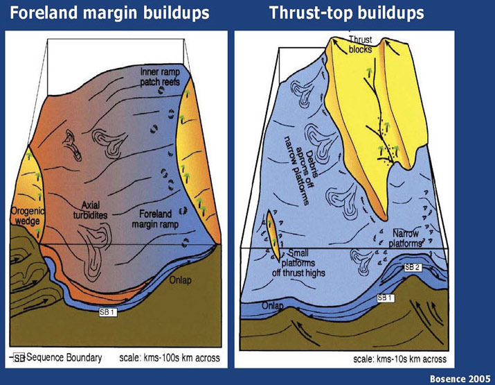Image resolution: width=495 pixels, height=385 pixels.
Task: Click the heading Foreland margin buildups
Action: [109, 13]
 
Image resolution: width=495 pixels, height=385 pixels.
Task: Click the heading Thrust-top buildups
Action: [347, 13]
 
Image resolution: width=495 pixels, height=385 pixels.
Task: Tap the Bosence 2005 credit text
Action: [460, 379]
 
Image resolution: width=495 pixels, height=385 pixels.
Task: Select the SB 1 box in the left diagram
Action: [108, 312]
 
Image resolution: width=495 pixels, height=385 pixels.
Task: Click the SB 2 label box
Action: [413, 267]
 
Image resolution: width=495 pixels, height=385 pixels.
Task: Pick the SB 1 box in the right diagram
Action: [386, 298]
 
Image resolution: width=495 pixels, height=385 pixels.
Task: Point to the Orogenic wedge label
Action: [28, 216]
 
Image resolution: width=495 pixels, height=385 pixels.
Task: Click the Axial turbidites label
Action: [90, 210]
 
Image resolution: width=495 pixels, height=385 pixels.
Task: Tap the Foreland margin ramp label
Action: [155, 219]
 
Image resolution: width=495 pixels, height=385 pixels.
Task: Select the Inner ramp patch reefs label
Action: [160, 77]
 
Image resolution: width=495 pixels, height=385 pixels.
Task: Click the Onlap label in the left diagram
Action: [180, 281]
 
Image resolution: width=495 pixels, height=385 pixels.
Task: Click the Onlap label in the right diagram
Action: [273, 306]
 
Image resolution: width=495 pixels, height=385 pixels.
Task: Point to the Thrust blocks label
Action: [361, 44]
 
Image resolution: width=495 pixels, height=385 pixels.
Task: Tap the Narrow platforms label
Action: [405, 239]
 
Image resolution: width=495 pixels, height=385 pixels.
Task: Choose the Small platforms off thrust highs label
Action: [298, 263]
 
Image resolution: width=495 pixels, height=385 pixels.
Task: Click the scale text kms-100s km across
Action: [170, 358]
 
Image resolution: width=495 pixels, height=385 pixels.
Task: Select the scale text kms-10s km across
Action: [399, 359]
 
